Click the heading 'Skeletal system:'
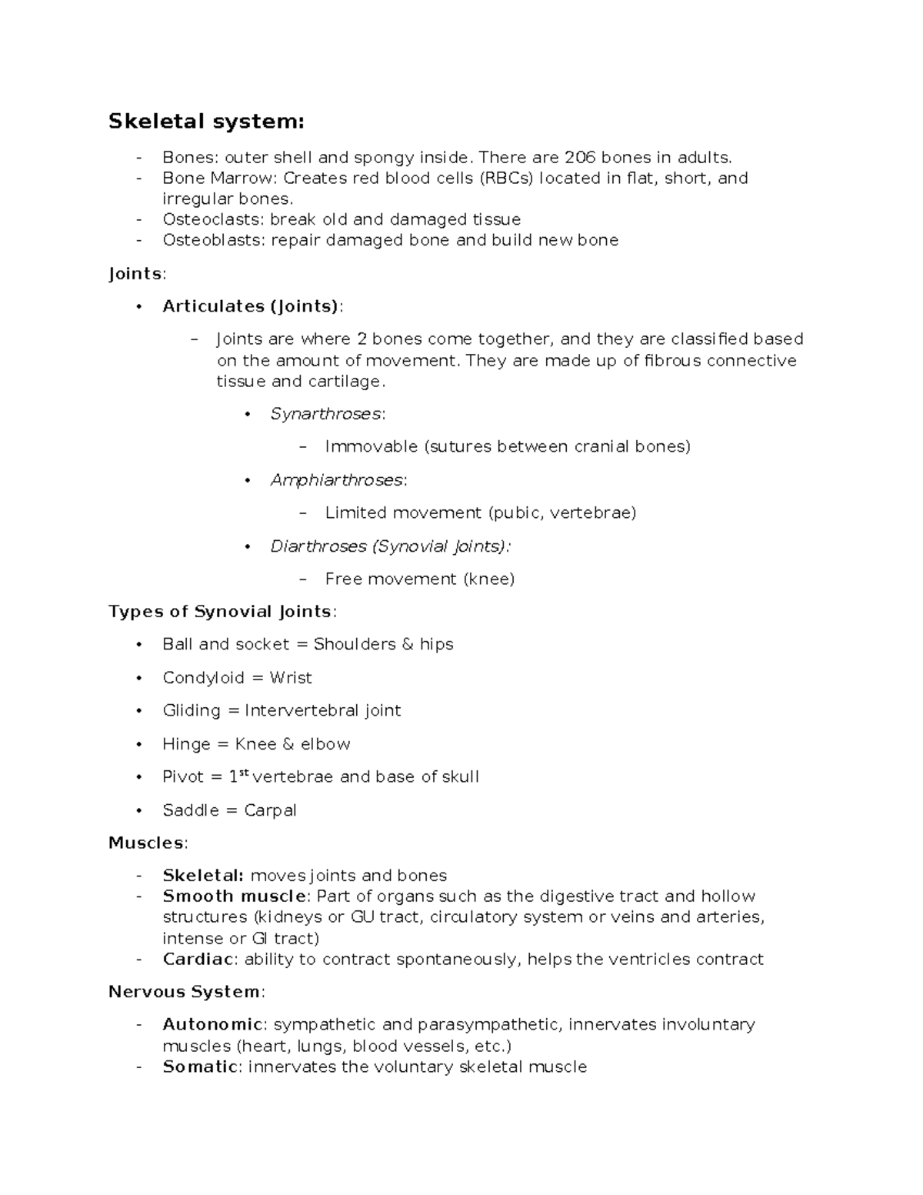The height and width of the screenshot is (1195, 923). tap(206, 122)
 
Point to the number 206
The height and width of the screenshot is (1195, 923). tap(580, 158)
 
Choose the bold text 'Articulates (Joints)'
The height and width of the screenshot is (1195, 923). tap(251, 306)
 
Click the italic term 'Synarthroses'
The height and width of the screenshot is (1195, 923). tap(325, 414)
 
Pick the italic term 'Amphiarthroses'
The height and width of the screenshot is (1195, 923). tap(336, 480)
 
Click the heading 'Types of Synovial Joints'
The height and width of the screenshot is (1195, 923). tap(221, 612)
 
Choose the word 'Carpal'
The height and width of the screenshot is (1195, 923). tap(270, 810)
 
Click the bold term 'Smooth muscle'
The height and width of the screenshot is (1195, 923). tap(234, 896)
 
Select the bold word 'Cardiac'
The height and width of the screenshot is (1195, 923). tap(198, 960)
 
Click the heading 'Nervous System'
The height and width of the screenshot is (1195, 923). tap(184, 992)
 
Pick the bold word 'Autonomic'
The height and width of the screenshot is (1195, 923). tap(212, 1025)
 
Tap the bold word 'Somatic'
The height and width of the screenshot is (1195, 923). tap(200, 1066)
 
